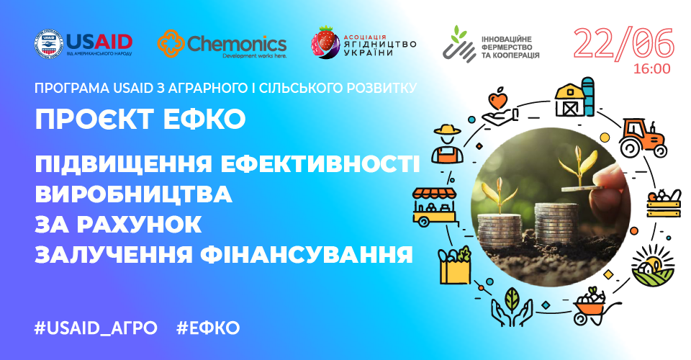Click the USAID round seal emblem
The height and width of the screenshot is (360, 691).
(49, 44)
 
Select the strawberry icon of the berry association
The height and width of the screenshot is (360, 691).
(325, 43)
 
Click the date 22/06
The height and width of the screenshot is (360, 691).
(623, 44)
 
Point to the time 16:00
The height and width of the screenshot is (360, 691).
(651, 69)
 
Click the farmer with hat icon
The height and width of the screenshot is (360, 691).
(446, 143)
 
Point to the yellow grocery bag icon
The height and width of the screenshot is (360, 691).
(454, 265)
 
